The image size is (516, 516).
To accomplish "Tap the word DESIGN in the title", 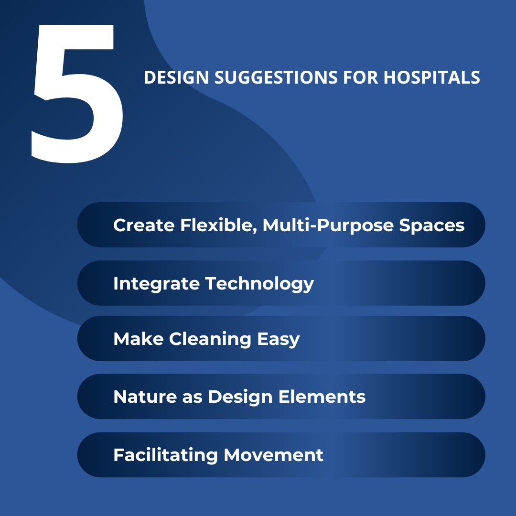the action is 176,78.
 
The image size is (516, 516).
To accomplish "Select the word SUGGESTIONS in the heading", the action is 276,78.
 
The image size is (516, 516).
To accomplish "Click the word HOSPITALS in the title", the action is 431,78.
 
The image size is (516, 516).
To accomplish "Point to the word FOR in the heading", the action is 360,78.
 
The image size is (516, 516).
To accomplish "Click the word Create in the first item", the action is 144,225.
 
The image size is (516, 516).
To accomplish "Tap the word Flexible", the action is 217,225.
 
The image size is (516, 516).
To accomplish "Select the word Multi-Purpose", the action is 328,226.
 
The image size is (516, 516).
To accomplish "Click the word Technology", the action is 259,284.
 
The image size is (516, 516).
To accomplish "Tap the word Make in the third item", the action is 138,339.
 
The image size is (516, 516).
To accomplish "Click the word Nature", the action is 145,397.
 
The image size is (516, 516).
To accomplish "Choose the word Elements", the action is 322,397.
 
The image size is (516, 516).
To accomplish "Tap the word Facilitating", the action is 165,455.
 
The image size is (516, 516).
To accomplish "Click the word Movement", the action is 273,455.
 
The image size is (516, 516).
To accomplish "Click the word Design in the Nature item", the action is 240,398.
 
